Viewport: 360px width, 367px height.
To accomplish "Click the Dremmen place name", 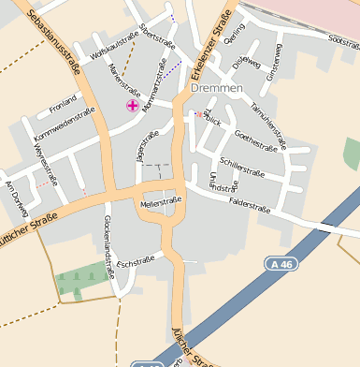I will coord(216,87).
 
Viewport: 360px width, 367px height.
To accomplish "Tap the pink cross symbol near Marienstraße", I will coord(133,106).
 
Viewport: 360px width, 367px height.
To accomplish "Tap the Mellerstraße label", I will coord(160,202).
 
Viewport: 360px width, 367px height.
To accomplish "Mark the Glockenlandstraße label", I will coord(108,244).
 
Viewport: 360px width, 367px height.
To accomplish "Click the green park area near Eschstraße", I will coord(82,280).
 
